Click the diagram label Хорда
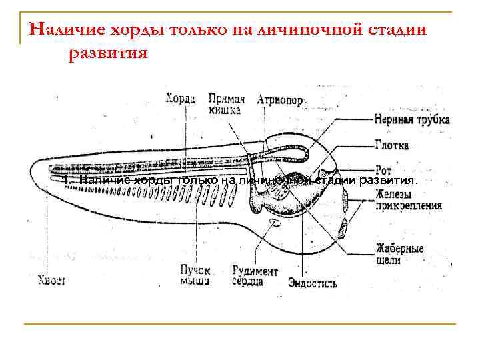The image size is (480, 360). (180, 99)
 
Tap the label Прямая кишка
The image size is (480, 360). (226, 104)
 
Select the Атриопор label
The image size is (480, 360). (281, 100)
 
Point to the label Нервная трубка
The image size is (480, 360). (412, 120)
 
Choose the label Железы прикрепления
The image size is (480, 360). (407, 200)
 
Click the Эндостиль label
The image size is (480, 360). (312, 284)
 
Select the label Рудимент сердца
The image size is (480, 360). (255, 276)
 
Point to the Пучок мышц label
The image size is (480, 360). (195, 276)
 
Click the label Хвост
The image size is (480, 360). (51, 281)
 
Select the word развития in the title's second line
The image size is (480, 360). (107, 53)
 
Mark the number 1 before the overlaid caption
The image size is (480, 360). (65, 181)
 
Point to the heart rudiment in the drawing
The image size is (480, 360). (274, 222)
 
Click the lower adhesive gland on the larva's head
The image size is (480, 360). (341, 227)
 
